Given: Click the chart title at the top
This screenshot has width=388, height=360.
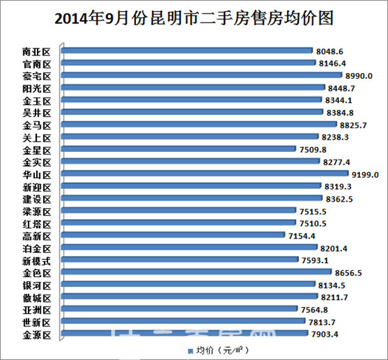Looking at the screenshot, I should [x=194, y=18].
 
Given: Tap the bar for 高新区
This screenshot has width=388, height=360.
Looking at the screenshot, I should [x=175, y=236].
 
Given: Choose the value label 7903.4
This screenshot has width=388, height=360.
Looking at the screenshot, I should [x=327, y=334].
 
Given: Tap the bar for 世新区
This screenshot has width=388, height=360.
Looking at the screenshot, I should [x=181, y=321].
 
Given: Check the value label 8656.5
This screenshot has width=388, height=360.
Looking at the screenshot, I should [x=344, y=273].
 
